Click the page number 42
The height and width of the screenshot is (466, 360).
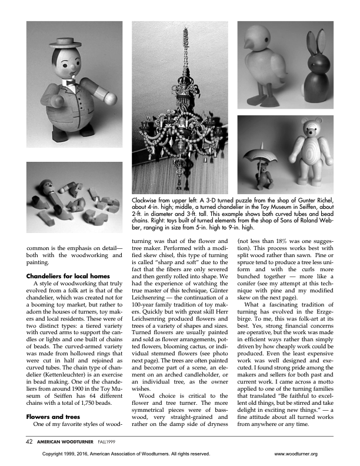(29, 441)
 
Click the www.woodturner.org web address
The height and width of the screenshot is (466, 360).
(296, 454)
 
